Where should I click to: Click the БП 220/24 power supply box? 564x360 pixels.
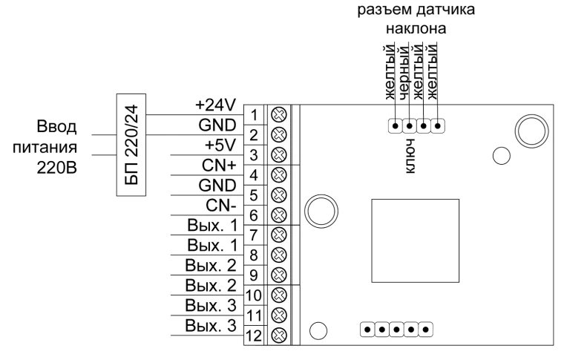tap(131, 145)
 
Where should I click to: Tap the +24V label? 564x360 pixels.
tap(215, 105)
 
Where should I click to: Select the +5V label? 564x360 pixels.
tap(220, 145)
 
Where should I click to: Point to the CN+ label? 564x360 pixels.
tap(219, 166)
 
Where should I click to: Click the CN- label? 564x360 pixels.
tap(221, 206)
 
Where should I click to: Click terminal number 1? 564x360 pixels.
tap(254, 116)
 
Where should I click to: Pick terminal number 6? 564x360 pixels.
tap(254, 215)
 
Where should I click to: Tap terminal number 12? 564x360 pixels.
tap(254, 336)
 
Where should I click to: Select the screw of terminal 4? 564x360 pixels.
tap(278, 175)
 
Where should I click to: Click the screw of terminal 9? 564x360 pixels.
tap(278, 275)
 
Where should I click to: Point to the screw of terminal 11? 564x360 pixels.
tap(278, 315)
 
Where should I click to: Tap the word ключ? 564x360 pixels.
tap(410, 156)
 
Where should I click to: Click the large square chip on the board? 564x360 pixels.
tap(415, 240)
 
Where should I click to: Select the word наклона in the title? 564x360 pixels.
tap(416, 28)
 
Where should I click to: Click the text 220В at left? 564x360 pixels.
tap(57, 168)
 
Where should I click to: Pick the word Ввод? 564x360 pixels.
tap(57, 127)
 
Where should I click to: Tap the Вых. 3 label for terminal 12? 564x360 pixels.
tap(211, 326)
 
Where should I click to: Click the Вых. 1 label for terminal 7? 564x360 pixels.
tap(212, 226)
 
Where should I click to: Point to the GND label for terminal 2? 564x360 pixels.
tap(217, 125)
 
